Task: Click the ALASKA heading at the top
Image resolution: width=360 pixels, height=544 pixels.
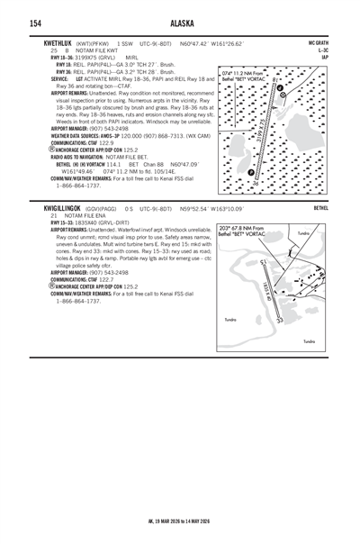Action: pos(179,23)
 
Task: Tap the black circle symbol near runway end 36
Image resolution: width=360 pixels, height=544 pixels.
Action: pos(248,172)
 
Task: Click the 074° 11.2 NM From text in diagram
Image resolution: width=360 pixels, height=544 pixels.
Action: pos(248,74)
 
